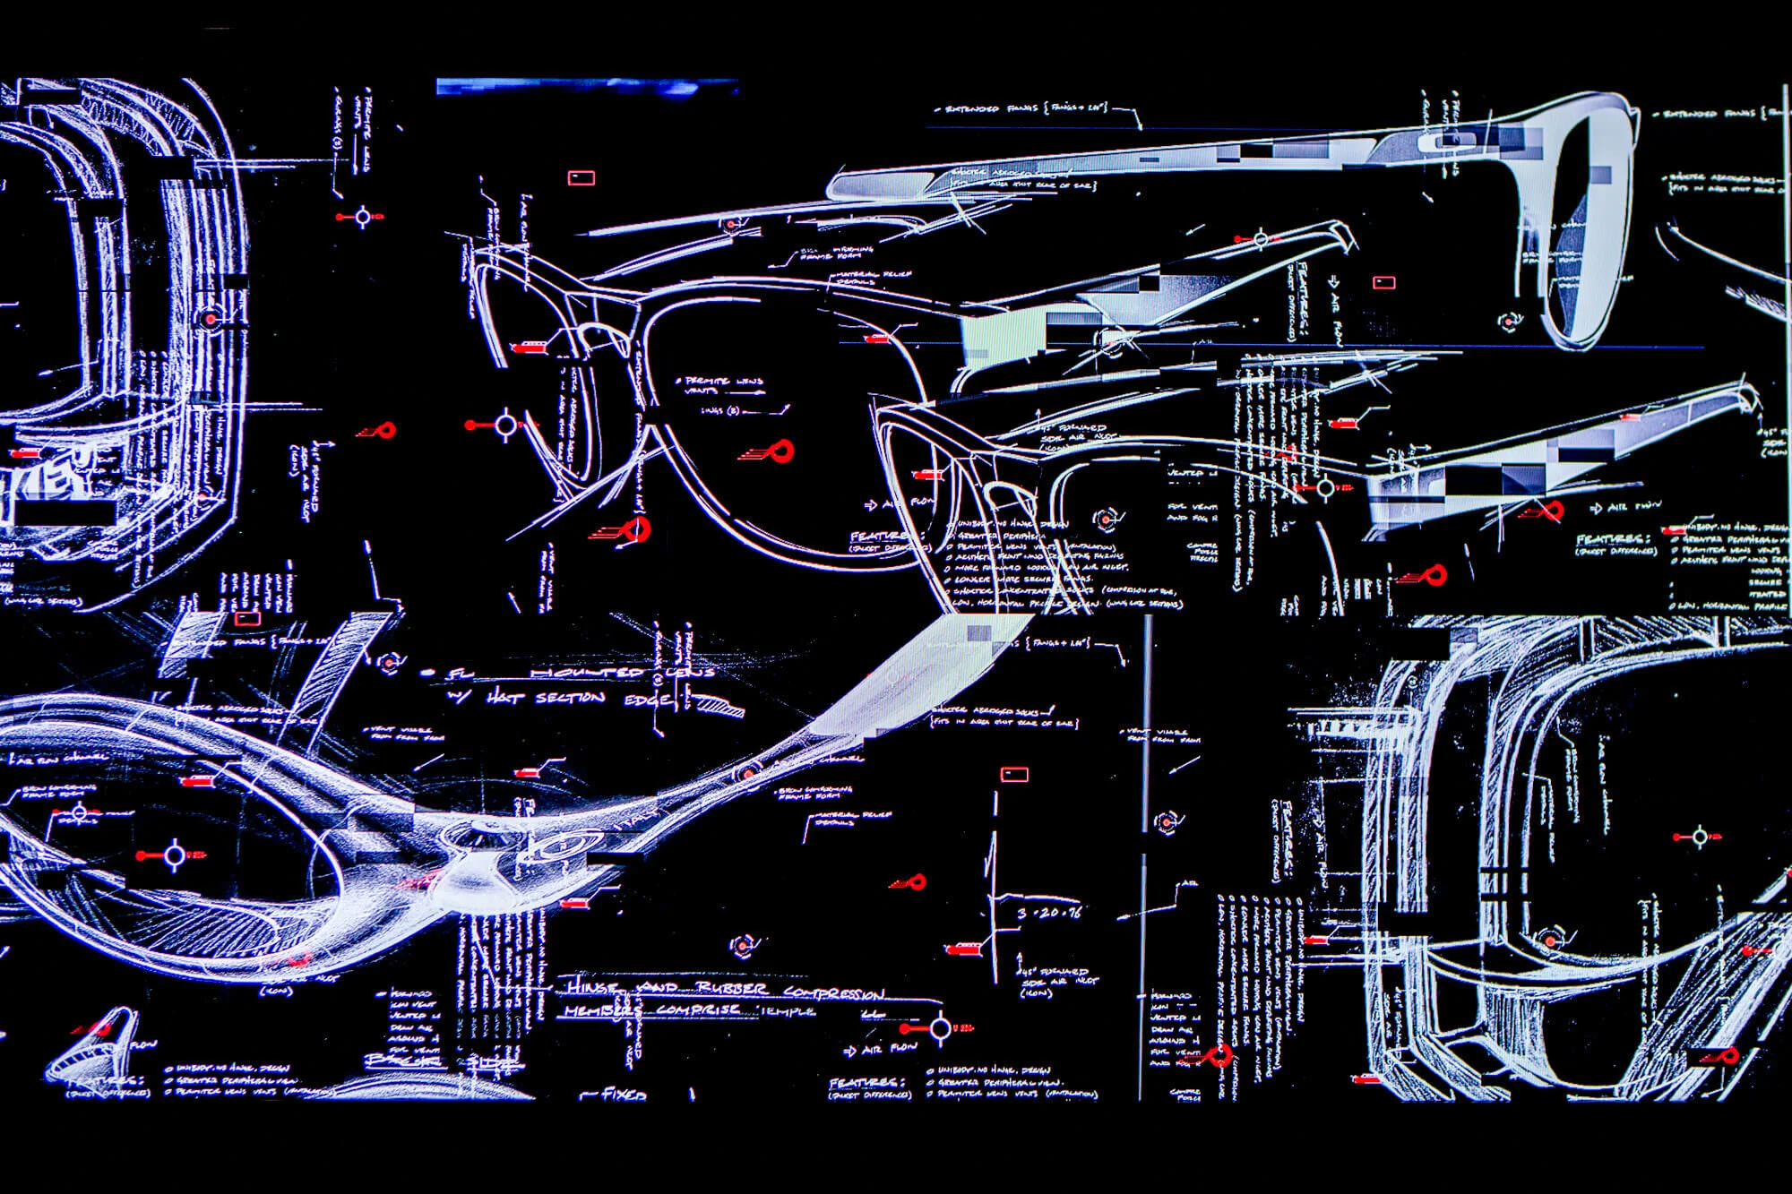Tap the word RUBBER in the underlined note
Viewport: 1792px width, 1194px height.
732,988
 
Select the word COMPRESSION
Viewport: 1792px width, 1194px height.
833,992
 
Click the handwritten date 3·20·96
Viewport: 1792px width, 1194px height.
1049,913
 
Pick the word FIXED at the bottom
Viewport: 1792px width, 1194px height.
624,1094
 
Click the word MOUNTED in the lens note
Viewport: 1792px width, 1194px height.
587,672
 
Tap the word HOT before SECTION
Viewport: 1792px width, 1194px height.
505,697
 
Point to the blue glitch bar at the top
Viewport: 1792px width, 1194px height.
587,87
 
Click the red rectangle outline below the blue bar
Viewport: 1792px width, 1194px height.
581,177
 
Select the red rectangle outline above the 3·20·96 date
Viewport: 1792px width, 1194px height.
1013,774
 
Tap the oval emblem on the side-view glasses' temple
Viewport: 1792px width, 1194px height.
1449,141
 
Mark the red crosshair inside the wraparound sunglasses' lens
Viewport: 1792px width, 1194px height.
173,856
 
